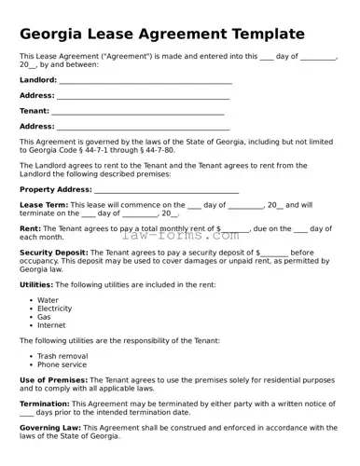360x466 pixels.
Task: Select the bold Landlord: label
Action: (38, 81)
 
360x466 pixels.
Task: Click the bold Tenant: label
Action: (35, 111)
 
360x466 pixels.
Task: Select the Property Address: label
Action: (55, 189)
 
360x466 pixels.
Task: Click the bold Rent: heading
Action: (30, 228)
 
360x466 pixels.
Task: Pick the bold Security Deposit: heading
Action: (53, 253)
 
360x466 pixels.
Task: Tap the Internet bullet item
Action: (51, 325)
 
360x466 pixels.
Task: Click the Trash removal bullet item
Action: (62, 356)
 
